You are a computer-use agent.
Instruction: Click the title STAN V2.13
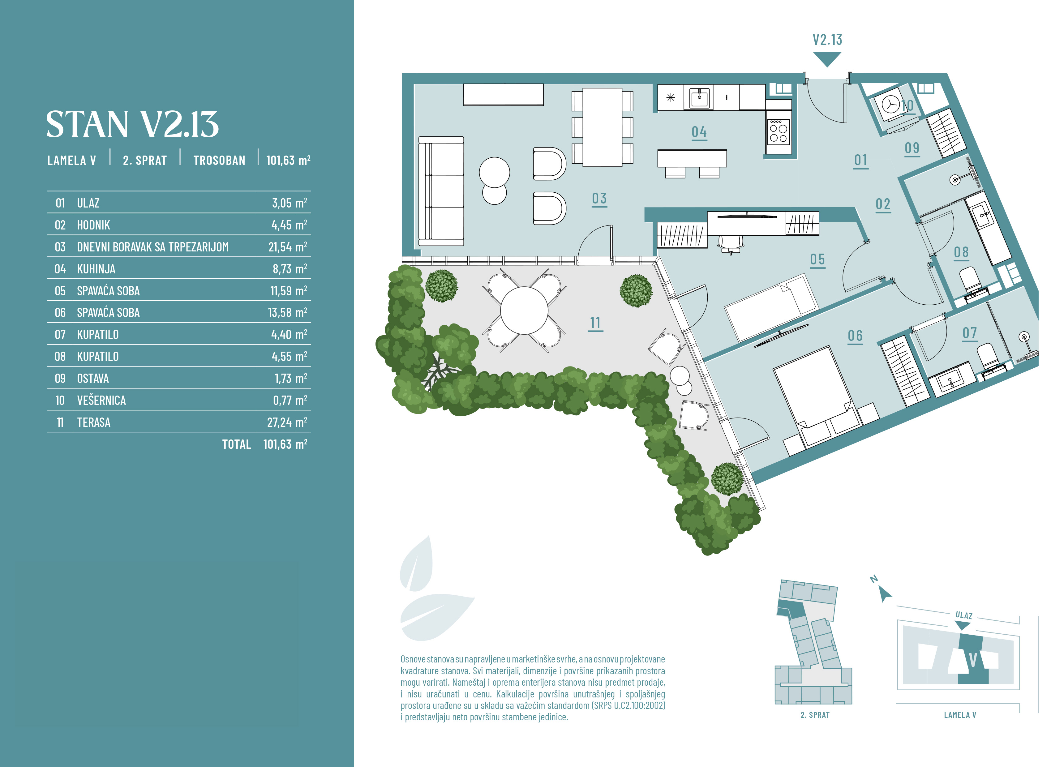point(132,124)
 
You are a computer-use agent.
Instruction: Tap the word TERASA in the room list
point(94,422)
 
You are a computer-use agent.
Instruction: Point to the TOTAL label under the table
point(237,444)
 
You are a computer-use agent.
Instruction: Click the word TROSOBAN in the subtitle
point(219,161)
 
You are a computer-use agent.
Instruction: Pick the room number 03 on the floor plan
point(599,199)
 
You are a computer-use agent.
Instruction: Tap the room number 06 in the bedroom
point(855,336)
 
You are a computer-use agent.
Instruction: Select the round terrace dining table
point(524,311)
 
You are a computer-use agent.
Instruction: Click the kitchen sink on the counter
point(699,98)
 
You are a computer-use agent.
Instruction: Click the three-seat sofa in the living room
point(441,191)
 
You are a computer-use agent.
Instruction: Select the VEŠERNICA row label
point(101,400)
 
